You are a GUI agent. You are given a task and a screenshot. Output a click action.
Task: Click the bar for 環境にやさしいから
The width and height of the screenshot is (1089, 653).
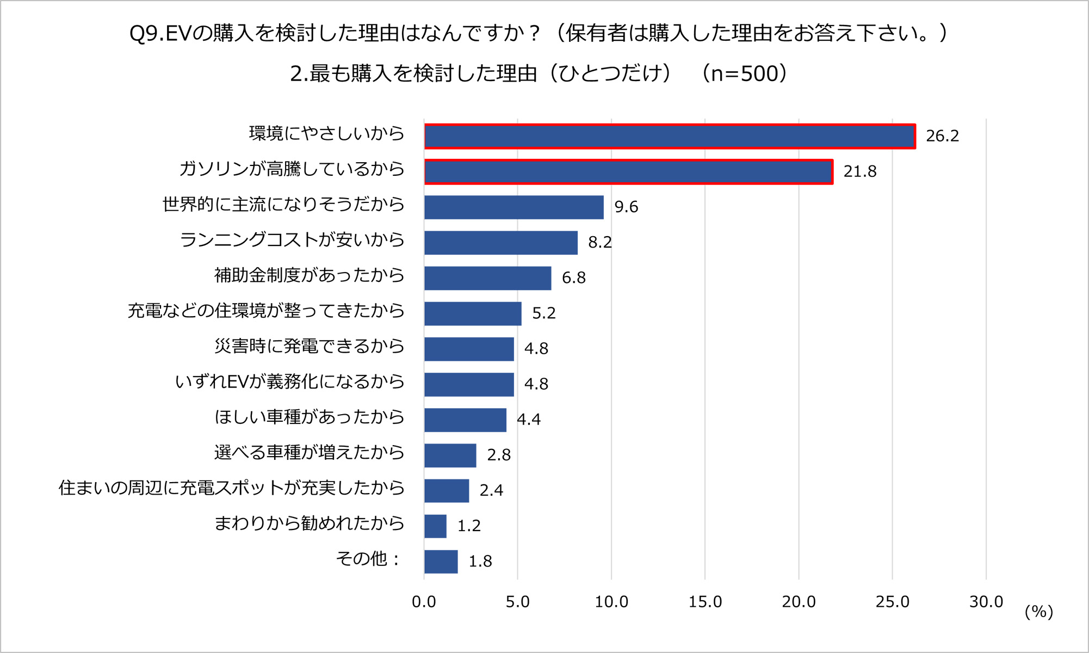669,136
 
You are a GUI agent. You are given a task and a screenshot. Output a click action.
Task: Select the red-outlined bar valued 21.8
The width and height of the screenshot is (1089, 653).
628,172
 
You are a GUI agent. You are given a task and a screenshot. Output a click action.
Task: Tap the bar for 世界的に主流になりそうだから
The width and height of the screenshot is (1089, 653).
513,207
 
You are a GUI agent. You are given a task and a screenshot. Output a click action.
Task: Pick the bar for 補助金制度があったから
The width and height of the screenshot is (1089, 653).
487,278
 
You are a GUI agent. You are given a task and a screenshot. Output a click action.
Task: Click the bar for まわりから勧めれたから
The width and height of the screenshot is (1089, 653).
435,526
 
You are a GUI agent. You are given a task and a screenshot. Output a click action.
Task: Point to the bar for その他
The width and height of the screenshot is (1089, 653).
441,562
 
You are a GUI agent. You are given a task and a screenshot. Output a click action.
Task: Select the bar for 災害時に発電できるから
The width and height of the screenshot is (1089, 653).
469,349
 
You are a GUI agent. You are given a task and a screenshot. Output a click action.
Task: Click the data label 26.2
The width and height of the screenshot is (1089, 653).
942,136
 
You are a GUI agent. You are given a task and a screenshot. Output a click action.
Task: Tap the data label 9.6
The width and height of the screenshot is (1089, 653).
626,207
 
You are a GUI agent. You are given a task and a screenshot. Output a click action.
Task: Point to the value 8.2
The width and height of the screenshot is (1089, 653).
600,243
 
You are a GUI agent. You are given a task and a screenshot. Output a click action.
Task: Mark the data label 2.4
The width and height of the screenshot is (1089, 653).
491,491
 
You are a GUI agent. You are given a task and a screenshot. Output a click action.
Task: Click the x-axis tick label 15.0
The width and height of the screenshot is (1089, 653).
705,602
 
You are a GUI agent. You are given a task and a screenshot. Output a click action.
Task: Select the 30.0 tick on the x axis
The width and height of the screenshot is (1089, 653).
986,602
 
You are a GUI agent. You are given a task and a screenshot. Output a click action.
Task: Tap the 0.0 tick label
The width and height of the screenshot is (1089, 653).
424,602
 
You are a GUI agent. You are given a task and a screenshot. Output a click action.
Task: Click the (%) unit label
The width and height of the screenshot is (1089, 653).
1039,612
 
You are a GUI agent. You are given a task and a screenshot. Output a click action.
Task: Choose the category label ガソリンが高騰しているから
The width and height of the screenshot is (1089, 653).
292,169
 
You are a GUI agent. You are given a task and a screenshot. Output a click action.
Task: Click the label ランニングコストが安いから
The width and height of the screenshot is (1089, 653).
292,240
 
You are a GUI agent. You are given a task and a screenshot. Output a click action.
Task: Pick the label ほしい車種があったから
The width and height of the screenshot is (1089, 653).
309,417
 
